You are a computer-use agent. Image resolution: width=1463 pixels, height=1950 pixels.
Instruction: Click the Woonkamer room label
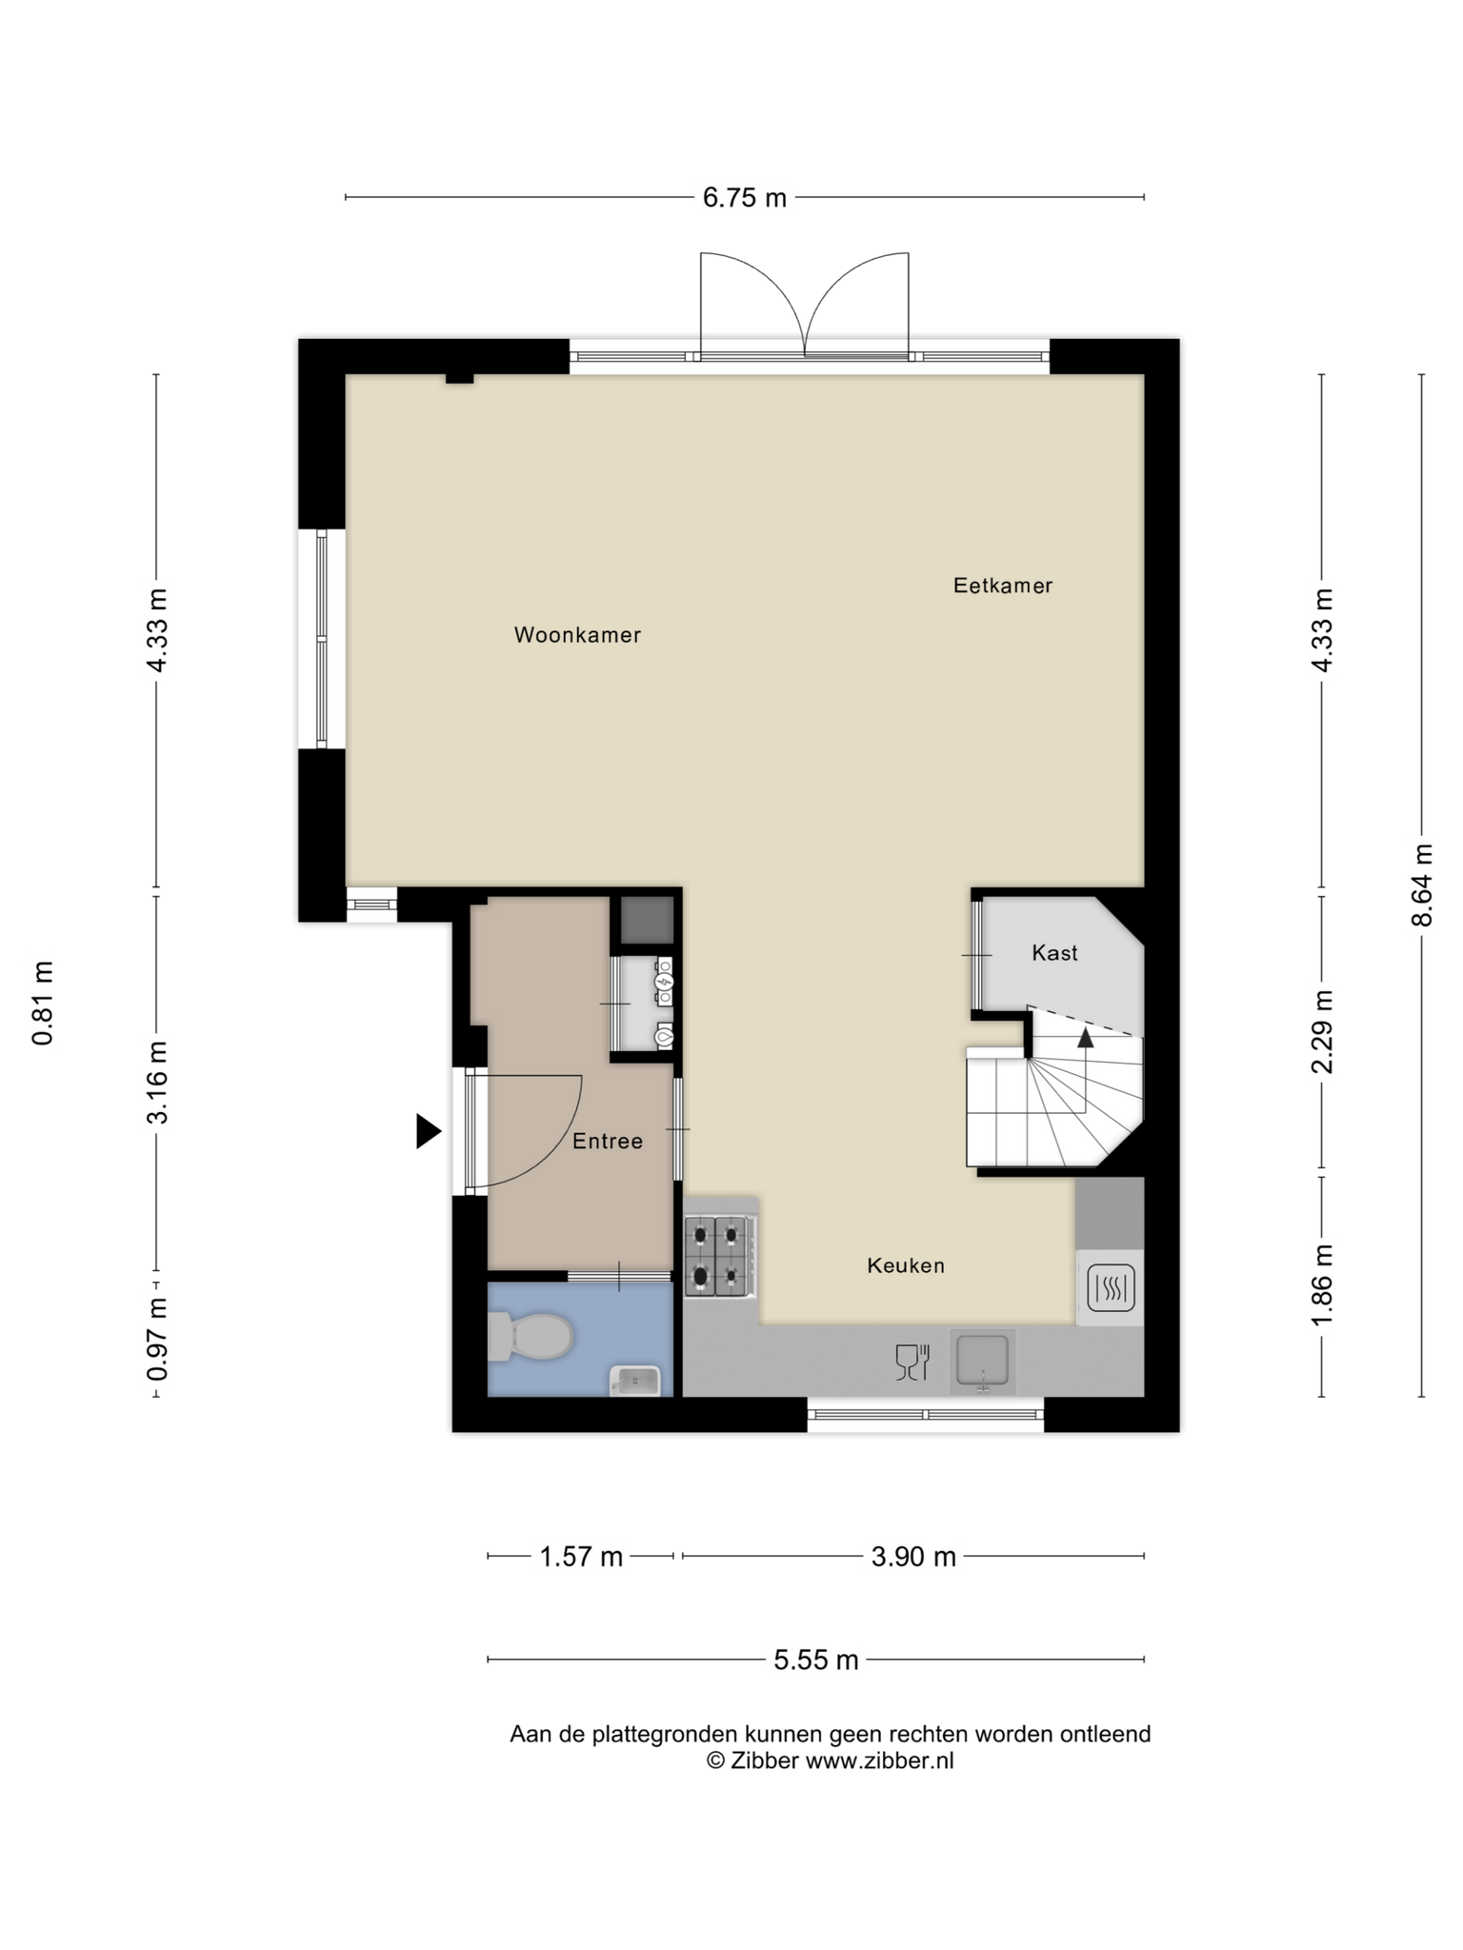tap(577, 635)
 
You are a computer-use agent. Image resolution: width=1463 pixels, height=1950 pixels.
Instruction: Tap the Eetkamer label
tap(1003, 586)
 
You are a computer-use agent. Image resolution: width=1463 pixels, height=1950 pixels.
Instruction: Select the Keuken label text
tap(906, 1265)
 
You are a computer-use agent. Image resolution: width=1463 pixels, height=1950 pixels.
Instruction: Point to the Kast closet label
tap(1055, 952)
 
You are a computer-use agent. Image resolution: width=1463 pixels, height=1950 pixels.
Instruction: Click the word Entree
tap(608, 1141)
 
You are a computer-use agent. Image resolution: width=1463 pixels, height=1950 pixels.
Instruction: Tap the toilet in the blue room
tap(530, 1337)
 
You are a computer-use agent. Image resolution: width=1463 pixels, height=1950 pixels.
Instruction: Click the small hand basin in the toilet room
tap(635, 1380)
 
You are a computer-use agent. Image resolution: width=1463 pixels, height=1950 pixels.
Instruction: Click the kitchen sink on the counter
tap(983, 1363)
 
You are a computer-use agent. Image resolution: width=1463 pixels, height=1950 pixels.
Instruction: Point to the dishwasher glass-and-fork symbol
tap(912, 1363)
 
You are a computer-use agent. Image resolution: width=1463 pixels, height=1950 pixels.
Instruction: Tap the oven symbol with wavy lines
tap(1111, 1288)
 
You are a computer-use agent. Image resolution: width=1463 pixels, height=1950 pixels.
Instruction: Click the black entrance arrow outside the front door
tap(429, 1131)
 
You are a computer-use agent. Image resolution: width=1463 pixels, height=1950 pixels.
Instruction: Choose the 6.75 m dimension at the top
tap(745, 197)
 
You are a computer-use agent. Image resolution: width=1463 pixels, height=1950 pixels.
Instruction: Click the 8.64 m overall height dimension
tap(1422, 885)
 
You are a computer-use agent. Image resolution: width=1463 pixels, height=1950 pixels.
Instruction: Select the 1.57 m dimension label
tap(581, 1557)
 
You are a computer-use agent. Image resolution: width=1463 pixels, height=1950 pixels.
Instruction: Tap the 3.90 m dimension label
tap(913, 1557)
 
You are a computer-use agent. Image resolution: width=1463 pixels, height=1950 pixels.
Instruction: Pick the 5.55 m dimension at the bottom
tap(816, 1661)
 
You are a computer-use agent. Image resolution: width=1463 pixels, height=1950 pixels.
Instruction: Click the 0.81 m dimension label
tap(43, 1003)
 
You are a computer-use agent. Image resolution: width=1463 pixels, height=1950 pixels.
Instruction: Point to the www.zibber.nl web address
tap(880, 1761)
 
